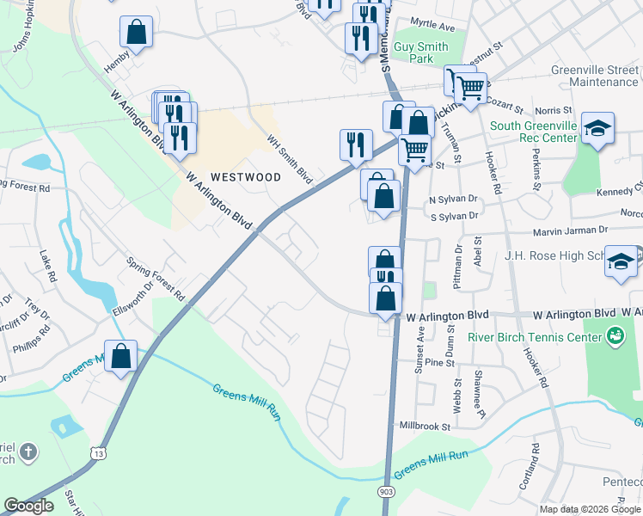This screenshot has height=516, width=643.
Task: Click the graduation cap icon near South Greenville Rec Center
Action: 597,129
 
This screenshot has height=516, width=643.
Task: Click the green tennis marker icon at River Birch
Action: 615,335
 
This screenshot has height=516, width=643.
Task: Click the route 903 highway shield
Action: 385,490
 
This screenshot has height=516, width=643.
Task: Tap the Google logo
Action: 28,506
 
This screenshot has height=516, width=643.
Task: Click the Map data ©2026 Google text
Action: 589,509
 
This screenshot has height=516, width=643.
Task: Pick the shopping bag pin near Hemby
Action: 136,33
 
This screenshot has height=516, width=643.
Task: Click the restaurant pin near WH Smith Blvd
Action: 356,144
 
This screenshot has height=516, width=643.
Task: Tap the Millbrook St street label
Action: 425,426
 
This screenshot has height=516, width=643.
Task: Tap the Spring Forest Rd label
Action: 155,278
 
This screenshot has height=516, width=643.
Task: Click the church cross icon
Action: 28,451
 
